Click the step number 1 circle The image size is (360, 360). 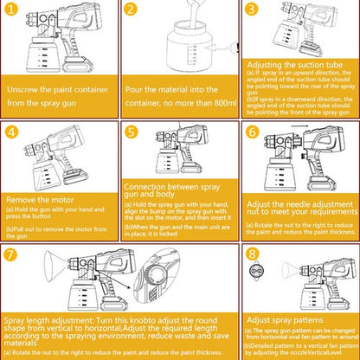click(12, 11)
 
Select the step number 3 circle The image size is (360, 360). click(252, 11)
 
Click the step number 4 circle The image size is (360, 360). click(12, 132)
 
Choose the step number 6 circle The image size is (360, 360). click(252, 132)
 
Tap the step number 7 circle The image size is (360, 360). click(12, 254)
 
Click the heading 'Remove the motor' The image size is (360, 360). click(42, 197)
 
